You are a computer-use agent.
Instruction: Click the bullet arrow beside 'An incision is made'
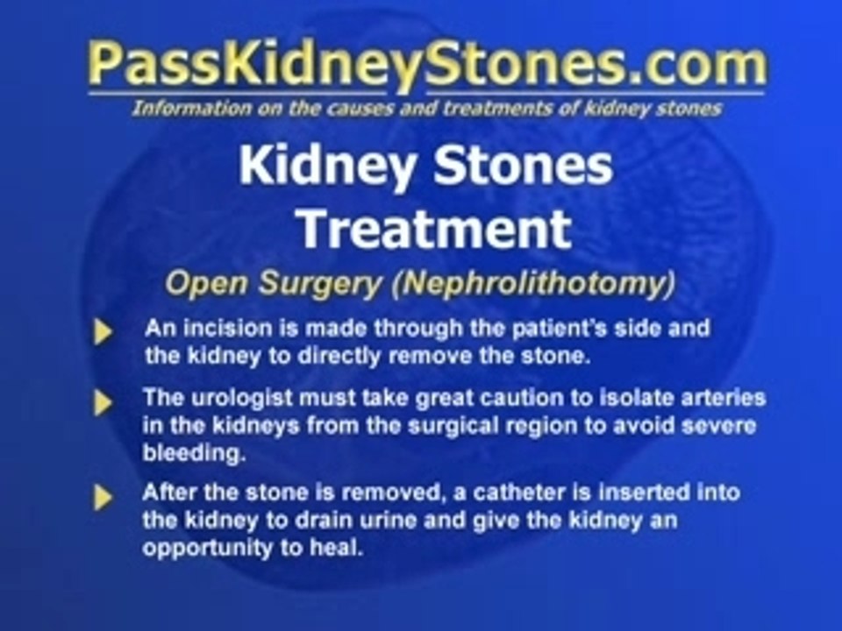(x=103, y=332)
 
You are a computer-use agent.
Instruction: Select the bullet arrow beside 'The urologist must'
(x=103, y=402)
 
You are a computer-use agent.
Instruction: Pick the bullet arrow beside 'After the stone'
(x=103, y=497)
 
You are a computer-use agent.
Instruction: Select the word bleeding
(x=181, y=452)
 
